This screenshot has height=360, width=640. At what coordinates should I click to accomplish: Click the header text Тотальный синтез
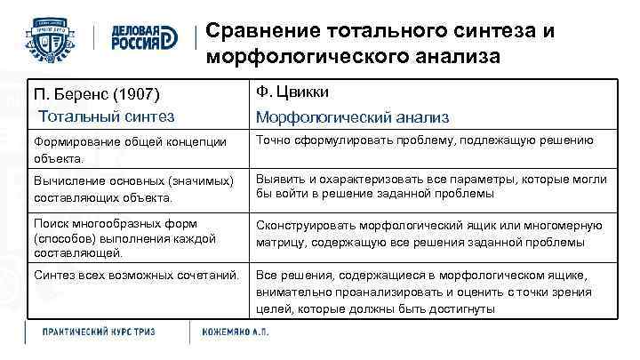point(106,116)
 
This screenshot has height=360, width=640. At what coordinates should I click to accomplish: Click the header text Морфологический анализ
point(352,117)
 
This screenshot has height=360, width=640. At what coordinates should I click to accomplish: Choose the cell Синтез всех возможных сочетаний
point(136,275)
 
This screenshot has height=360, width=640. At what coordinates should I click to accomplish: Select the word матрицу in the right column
point(280,242)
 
